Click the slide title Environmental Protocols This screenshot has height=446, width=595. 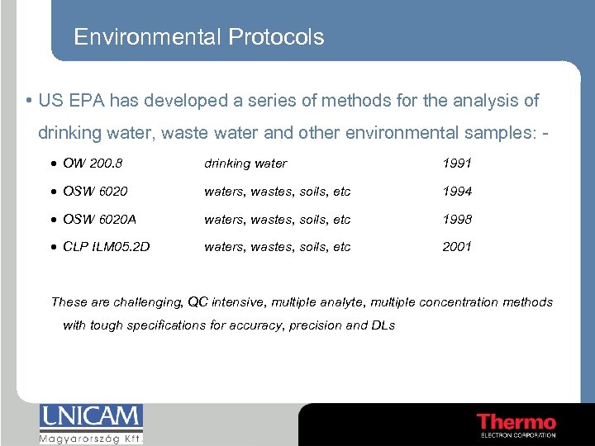click(198, 37)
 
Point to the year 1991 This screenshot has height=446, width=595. click(457, 164)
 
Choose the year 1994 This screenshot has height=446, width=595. click(457, 192)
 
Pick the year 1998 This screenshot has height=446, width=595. click(457, 219)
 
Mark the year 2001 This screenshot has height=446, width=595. click(457, 246)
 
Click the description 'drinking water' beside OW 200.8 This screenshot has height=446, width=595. click(245, 164)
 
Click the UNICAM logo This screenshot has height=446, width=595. click(91, 417)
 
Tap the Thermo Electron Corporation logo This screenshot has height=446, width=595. click(516, 425)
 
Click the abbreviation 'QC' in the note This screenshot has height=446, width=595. click(198, 302)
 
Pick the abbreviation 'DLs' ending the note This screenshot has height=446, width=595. click(383, 325)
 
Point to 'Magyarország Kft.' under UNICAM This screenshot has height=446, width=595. click(91, 439)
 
